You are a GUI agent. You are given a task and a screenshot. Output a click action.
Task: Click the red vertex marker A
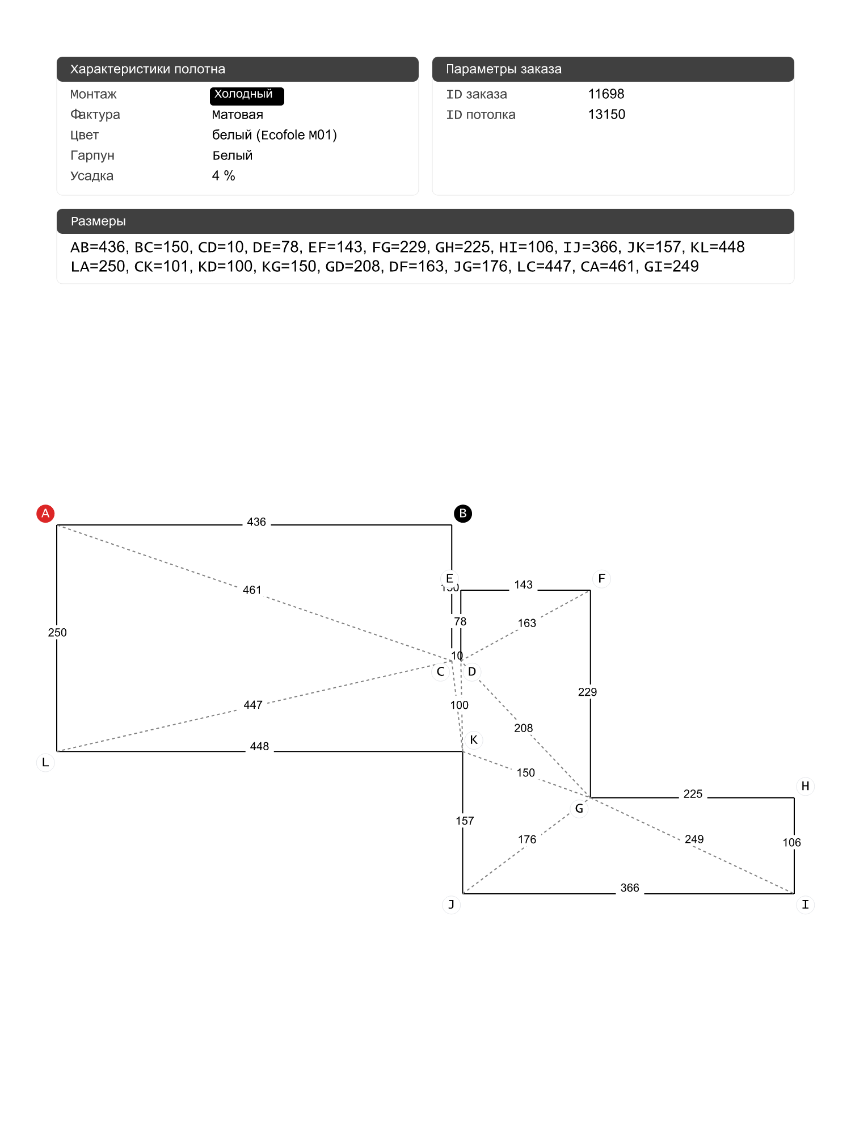[45, 514]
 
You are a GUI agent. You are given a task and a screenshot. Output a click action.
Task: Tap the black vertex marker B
[463, 514]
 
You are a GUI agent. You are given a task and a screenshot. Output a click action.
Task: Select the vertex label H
[805, 786]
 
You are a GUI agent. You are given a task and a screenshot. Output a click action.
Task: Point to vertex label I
[805, 905]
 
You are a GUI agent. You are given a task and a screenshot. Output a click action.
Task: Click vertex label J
[451, 905]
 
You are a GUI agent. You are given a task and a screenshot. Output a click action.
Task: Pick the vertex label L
[45, 762]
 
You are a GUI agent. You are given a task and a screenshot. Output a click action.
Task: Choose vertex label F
[601, 579]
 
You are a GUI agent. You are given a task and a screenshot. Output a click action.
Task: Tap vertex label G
[579, 808]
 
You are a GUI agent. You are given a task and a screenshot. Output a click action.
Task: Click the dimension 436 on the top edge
[256, 522]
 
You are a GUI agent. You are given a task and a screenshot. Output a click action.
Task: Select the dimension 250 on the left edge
[57, 633]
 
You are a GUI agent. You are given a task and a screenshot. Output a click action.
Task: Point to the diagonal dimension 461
[252, 590]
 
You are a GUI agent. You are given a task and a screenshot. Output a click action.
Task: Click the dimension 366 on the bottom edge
[630, 888]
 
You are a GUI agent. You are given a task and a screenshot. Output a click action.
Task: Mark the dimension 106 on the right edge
[792, 843]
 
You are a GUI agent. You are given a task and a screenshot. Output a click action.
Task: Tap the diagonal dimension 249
[694, 839]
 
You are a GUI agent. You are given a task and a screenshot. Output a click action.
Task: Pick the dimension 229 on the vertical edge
[588, 692]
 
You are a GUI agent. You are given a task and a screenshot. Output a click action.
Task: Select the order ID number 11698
[606, 94]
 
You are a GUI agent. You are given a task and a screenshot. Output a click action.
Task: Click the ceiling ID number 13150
[606, 115]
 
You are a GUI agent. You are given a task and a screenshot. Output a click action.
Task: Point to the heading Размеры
[98, 221]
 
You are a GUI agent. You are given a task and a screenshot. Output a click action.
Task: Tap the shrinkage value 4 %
[224, 176]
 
